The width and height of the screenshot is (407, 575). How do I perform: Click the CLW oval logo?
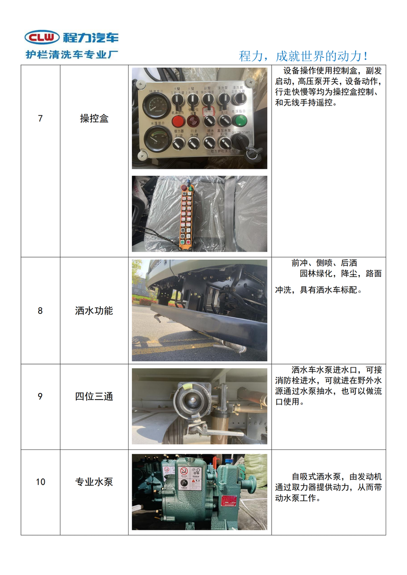pos(42,37)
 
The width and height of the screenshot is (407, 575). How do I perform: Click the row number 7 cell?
pos(40,118)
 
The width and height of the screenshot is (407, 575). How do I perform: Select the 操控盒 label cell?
pos(94,118)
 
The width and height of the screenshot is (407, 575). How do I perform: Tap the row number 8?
pos(40,311)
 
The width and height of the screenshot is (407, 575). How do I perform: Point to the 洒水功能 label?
pos(94,311)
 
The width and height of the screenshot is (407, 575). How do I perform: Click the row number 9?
pos(40,396)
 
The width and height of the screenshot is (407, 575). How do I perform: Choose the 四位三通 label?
pos(94,396)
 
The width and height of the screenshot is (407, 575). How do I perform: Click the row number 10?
pos(40,481)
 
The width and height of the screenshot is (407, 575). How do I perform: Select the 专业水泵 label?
pos(94,481)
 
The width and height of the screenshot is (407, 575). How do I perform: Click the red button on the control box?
pos(178,121)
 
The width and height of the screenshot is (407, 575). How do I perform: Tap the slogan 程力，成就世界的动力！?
pos(304,55)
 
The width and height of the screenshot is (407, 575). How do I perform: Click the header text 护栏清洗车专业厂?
pos(72,54)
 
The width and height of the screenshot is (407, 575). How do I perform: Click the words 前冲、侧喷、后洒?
pos(324,263)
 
